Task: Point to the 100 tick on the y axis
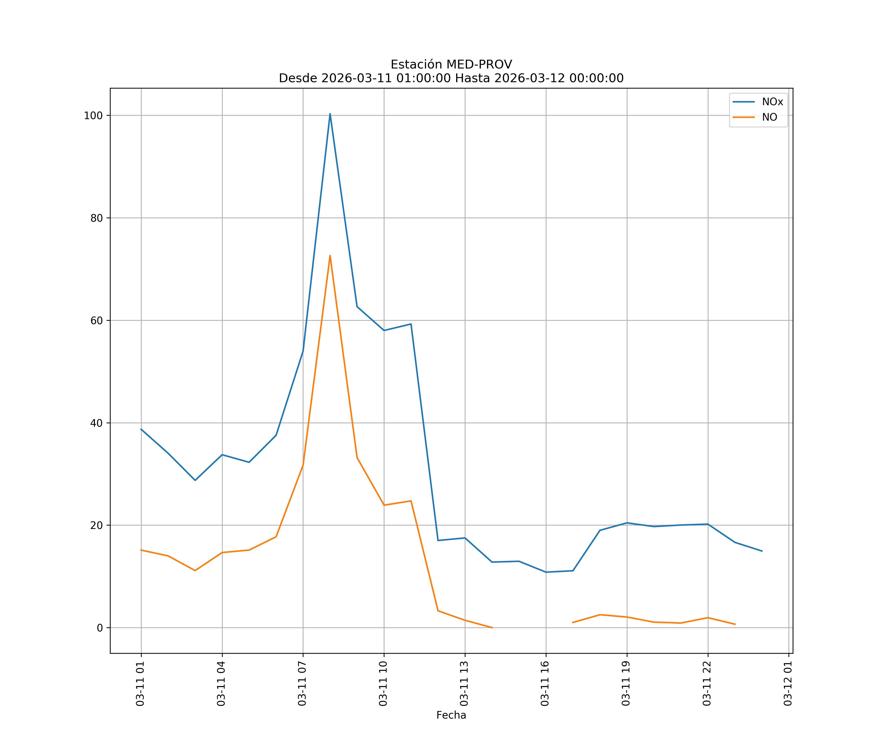(x=93, y=116)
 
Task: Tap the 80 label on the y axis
(x=96, y=218)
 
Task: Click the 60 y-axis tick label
(x=96, y=321)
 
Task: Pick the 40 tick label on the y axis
(x=96, y=423)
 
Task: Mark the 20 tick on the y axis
(x=96, y=526)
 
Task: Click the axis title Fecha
(x=451, y=715)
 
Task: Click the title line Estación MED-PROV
(x=451, y=65)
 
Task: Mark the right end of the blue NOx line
(x=762, y=551)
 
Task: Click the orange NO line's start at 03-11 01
(x=141, y=550)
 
